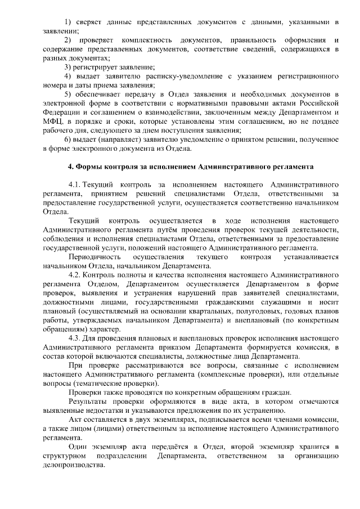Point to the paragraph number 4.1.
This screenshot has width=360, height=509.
[x=75, y=184]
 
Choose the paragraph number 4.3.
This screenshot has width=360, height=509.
[x=75, y=338]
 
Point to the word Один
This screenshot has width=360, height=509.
[x=78, y=447]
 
